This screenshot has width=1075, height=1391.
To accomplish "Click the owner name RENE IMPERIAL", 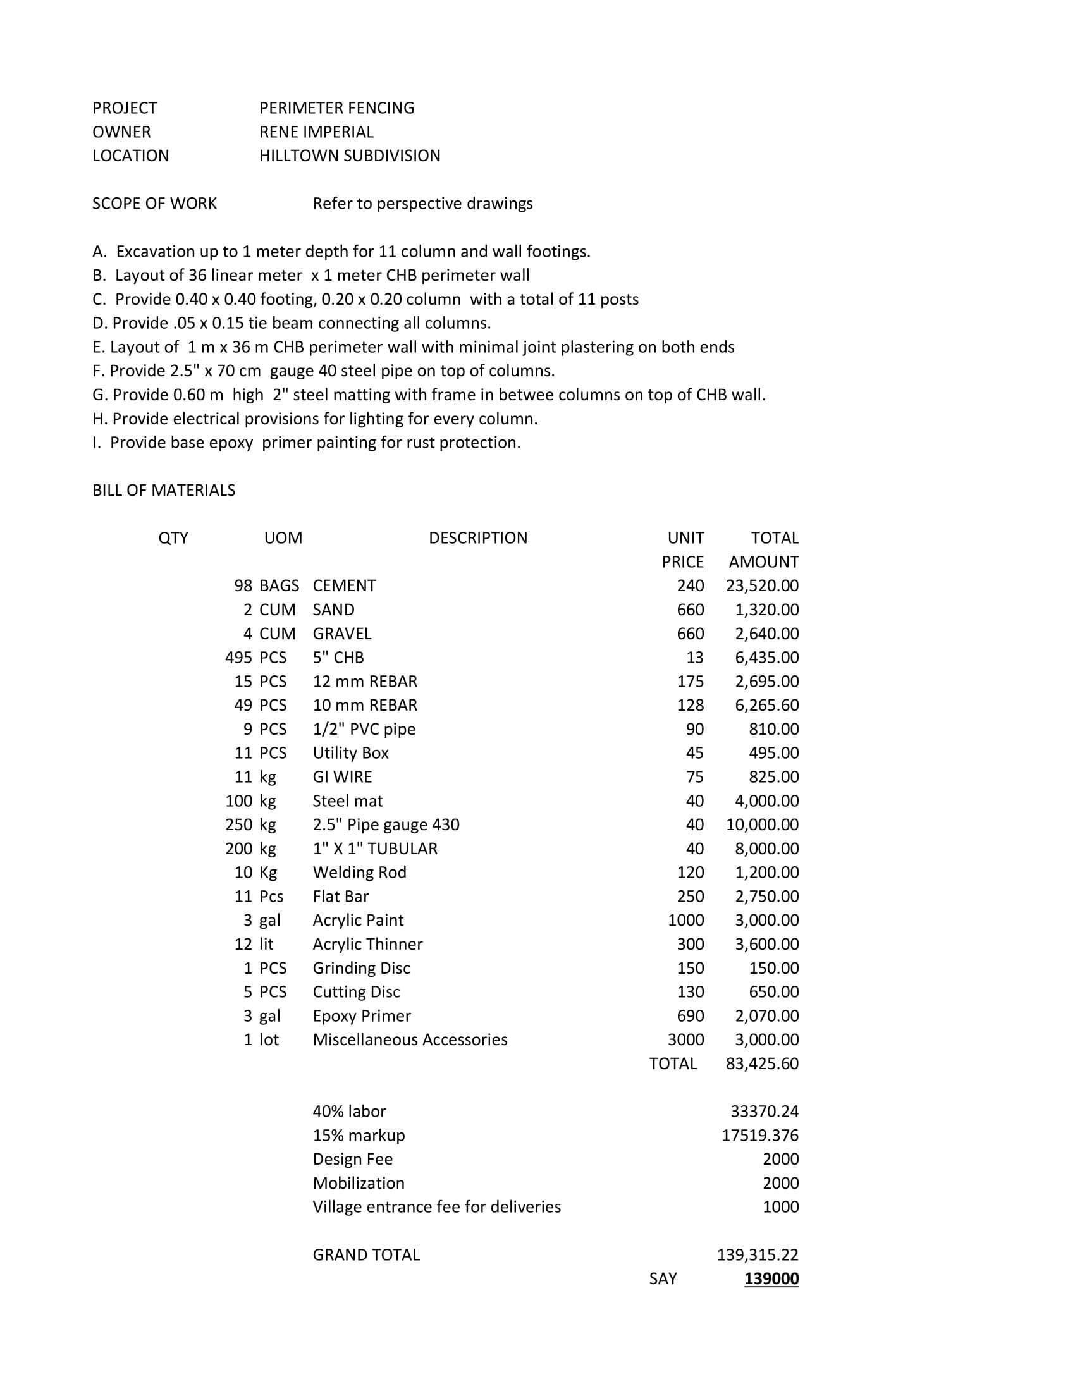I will click(316, 132).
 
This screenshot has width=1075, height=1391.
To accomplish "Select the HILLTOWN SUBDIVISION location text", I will click(350, 156).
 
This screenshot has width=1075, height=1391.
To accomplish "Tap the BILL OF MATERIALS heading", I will click(164, 490).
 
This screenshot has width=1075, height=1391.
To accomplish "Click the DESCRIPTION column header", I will click(477, 537).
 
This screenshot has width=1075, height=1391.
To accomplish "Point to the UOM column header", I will click(283, 537).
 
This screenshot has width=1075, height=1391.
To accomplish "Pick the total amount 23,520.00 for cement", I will click(762, 585).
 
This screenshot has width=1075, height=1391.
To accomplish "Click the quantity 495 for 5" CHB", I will click(238, 658).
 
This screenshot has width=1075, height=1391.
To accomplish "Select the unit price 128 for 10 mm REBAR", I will click(690, 705).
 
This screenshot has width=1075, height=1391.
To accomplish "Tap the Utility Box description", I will click(350, 753).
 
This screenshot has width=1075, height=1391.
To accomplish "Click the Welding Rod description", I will click(359, 872).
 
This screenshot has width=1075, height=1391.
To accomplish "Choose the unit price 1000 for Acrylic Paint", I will click(685, 920).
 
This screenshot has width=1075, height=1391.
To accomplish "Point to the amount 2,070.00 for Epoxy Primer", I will click(766, 1016).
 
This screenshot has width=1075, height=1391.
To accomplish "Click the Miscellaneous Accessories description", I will click(410, 1039).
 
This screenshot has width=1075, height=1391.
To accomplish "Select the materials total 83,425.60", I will click(762, 1063).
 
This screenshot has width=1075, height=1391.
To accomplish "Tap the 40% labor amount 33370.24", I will click(765, 1112).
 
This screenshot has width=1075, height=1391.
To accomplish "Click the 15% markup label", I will click(359, 1135).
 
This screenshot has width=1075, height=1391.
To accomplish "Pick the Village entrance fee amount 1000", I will click(780, 1207).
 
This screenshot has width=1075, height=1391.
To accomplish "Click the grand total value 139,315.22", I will click(757, 1254).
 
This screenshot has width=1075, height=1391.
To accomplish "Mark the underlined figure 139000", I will click(771, 1279).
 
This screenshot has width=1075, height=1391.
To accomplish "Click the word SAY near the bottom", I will click(663, 1279).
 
